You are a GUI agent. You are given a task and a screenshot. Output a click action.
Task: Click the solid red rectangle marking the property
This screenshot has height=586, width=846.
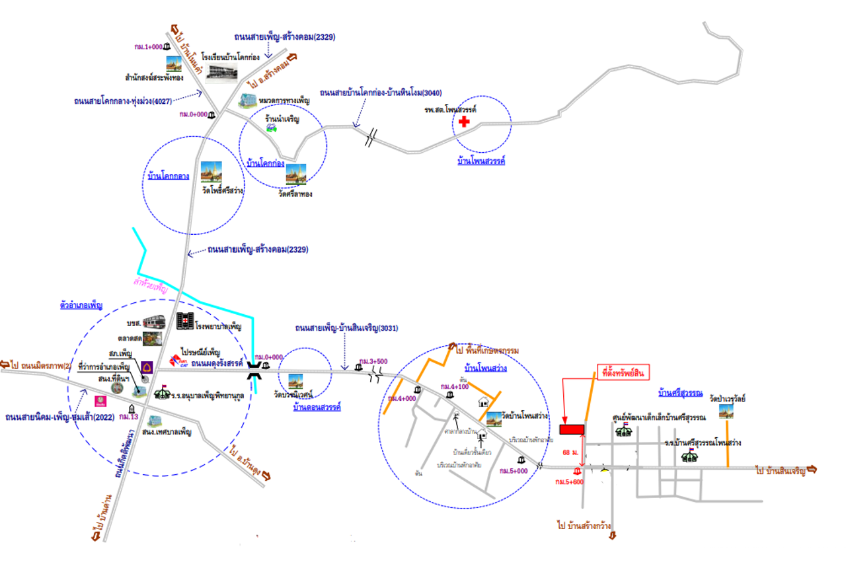[x=572, y=429]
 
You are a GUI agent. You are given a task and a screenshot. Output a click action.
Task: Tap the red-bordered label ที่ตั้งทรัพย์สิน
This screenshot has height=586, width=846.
[x=623, y=373]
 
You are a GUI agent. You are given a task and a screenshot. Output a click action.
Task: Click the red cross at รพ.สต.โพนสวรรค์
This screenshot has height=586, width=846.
[x=465, y=122]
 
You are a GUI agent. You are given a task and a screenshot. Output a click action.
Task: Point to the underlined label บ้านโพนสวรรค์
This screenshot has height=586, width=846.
[x=481, y=160]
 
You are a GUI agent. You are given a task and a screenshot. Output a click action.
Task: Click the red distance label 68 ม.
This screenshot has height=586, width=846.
[x=570, y=452]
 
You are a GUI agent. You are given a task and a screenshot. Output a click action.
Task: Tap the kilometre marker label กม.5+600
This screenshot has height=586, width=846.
[x=569, y=483]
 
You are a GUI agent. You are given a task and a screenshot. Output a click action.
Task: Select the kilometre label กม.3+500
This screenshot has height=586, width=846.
[x=373, y=361]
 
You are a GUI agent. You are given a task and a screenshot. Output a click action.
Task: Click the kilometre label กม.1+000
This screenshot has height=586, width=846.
[x=148, y=47]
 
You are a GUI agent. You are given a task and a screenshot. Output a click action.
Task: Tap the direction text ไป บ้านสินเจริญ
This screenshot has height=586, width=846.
[x=781, y=470]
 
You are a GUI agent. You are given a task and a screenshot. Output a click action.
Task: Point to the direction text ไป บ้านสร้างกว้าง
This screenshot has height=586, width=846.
[x=584, y=525]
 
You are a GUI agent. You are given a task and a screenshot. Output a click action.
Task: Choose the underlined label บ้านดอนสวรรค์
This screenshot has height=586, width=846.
[x=317, y=407]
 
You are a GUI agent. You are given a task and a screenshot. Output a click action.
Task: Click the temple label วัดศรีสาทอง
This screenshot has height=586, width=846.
[x=295, y=194]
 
